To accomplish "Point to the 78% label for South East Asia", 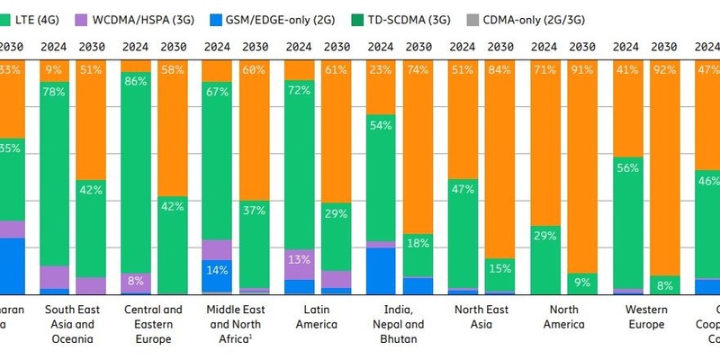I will point(54,93).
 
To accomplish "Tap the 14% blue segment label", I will point(217,269).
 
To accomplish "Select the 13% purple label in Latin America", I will point(299,259).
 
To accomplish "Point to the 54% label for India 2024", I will point(381,125).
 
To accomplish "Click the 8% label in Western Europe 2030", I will point(664,286).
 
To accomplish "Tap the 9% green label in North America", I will point(582,283).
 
